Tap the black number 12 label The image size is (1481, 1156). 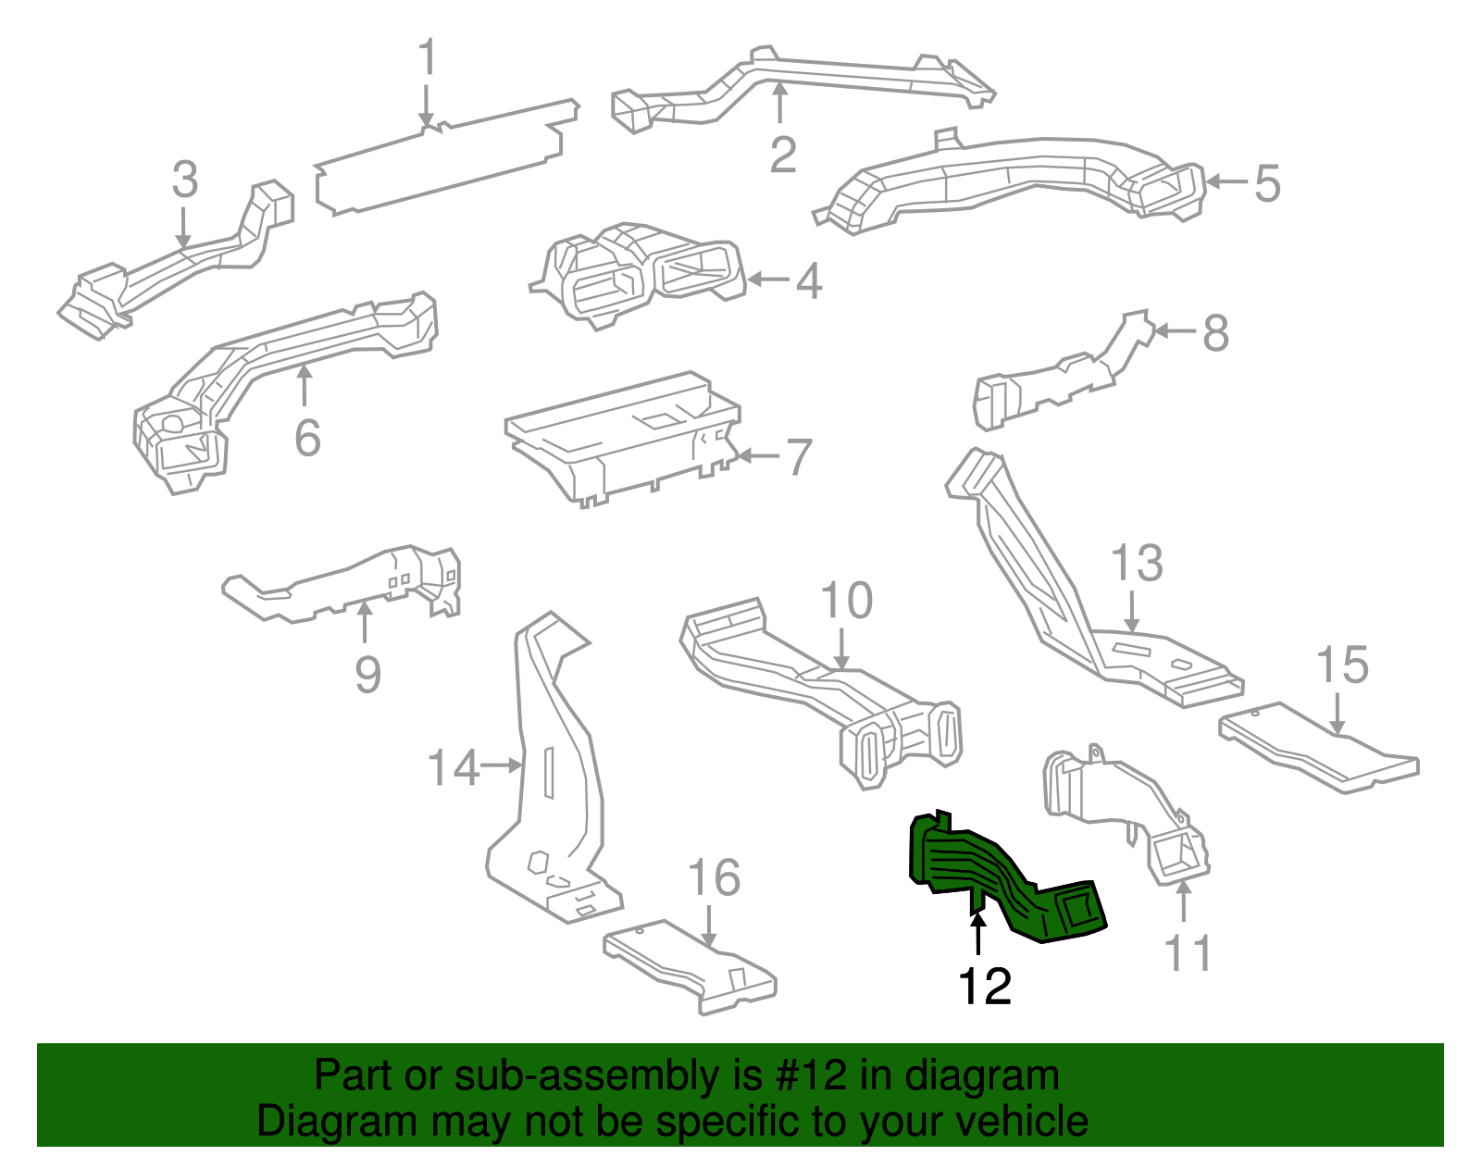coord(985,987)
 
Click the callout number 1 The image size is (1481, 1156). coord(427,58)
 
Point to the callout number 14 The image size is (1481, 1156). coord(454,768)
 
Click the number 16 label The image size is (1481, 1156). coord(714,877)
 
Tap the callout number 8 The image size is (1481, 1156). coord(1215,333)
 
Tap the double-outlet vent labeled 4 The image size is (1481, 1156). coord(639,273)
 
